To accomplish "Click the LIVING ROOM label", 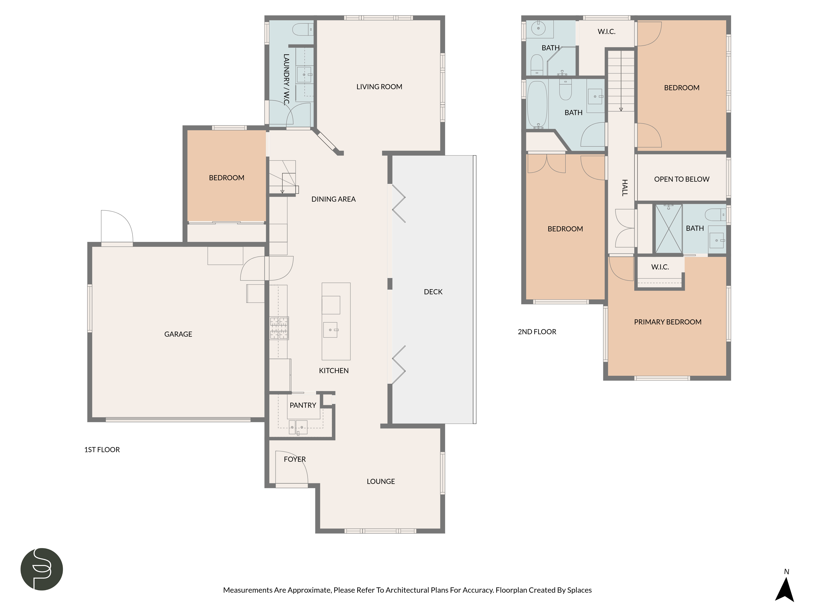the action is (x=379, y=87).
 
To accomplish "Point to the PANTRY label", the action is (x=303, y=405).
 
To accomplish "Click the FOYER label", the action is (x=295, y=459).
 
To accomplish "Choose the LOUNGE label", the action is (x=381, y=481).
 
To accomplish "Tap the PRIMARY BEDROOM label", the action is (x=668, y=322).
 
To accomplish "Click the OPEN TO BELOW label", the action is (x=682, y=179).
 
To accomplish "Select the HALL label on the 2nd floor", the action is (x=625, y=188).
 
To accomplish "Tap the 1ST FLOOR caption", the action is (x=102, y=450).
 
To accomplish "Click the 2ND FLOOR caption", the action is (x=537, y=332).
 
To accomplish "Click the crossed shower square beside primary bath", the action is (x=668, y=229).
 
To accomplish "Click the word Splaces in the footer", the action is (x=579, y=590).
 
